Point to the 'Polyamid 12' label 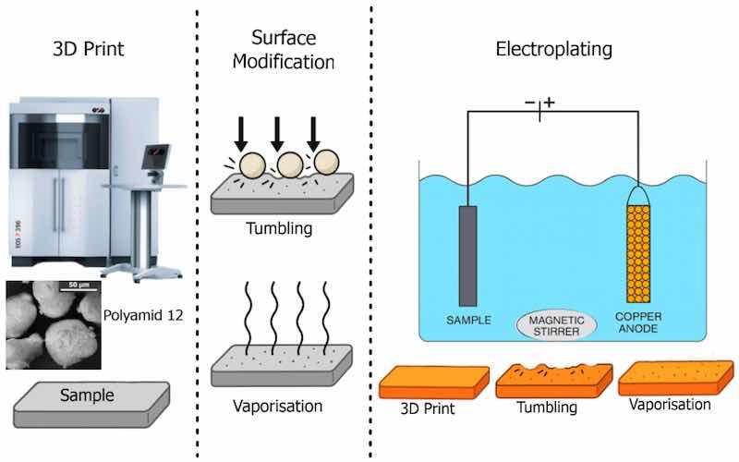coord(142,315)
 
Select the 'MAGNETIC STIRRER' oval coord(555,326)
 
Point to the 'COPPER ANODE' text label coord(639,326)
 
